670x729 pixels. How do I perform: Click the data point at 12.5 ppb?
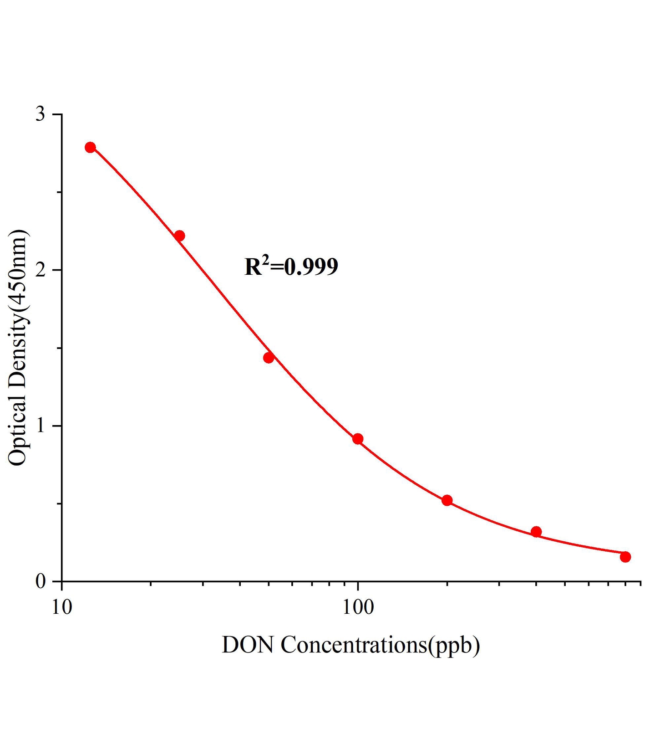click(x=90, y=147)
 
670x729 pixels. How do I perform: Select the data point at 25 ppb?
click(x=179, y=236)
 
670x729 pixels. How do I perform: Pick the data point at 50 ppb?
click(x=269, y=358)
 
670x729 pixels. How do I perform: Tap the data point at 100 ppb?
click(x=358, y=439)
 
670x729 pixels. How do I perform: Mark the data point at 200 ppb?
click(x=447, y=500)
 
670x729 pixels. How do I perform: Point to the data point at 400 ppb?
click(x=536, y=532)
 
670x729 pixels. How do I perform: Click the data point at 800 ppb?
click(x=625, y=557)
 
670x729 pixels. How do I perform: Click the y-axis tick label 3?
click(x=41, y=114)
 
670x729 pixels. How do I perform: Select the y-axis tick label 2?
click(x=41, y=270)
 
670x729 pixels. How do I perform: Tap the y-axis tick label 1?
click(x=41, y=426)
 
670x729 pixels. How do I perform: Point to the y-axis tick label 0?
click(x=41, y=582)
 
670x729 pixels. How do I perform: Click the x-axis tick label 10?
click(x=61, y=607)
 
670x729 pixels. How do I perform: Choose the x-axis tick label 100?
click(x=358, y=607)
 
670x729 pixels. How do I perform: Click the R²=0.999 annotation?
click(x=291, y=267)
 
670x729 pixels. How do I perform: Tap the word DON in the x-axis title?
click(x=248, y=645)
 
